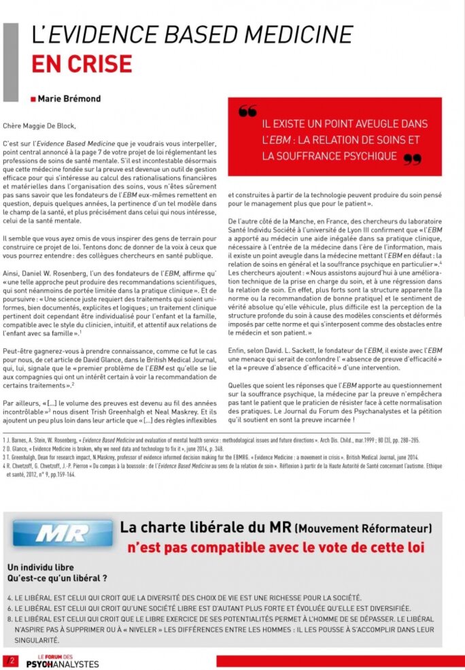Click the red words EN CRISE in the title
click(x=82, y=63)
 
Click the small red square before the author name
click(x=34, y=99)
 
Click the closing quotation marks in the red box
click(x=412, y=160)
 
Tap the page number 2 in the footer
click(x=11, y=660)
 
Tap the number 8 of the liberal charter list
click(x=9, y=620)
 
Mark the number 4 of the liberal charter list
click(x=9, y=597)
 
